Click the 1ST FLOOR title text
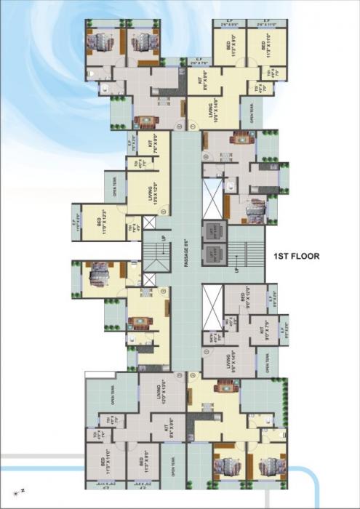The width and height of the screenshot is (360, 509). click(297, 256)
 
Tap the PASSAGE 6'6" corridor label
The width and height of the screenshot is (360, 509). click(185, 251)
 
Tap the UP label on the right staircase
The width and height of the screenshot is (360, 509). click(236, 268)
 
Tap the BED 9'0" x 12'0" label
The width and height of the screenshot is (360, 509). click(239, 297)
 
